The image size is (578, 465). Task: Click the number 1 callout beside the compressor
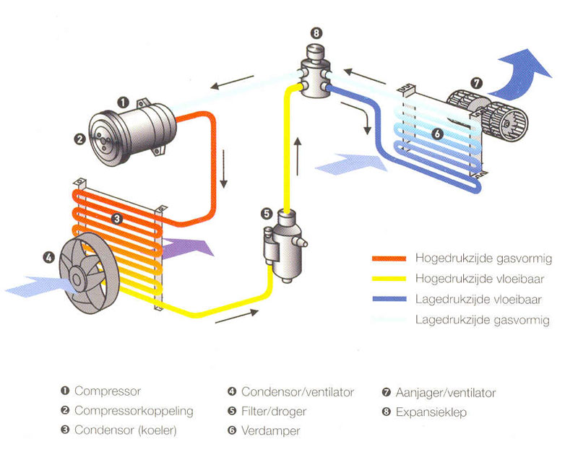click(x=123, y=103)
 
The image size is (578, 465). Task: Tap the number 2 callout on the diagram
click(x=81, y=139)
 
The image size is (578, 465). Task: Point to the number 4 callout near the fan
click(x=49, y=256)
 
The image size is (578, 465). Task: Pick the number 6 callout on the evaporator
click(x=436, y=134)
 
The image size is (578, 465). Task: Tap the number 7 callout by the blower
click(x=476, y=82)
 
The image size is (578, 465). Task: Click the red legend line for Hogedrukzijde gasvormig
click(x=389, y=258)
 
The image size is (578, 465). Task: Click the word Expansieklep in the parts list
click(x=431, y=412)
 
